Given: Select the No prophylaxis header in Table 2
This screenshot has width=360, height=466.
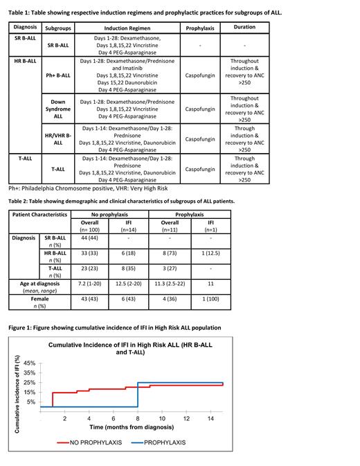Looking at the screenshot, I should point(111,215).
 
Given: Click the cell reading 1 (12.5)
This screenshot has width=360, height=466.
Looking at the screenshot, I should point(207,254).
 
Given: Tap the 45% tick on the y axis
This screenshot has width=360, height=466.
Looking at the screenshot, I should point(30,363).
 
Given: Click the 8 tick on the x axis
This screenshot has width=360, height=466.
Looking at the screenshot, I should point(138,418).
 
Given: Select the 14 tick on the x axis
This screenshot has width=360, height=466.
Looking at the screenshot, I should point(210,418).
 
